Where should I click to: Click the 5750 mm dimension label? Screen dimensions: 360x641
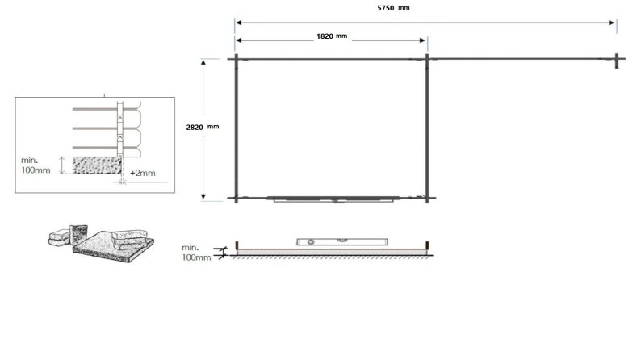pos(394,7)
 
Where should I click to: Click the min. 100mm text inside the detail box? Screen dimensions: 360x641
pos(36,165)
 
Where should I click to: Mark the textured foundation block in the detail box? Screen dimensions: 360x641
pos(97,166)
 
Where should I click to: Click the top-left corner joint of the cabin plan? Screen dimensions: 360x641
pos(236,58)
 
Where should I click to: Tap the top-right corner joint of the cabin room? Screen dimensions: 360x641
pos(426,58)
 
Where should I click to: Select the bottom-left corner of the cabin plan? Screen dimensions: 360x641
pos(236,197)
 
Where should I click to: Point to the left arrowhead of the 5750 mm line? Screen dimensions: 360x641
pos(237,23)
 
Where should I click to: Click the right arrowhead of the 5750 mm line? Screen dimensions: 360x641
pos(614,23)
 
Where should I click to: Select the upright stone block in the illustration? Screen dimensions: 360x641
pos(79,233)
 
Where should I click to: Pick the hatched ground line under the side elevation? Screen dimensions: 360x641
pos(331,257)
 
